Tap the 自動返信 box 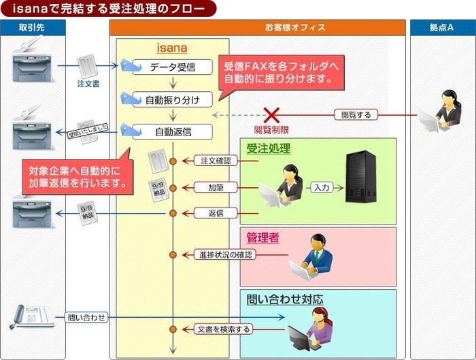coord(172,131)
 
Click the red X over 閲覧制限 coord(272,114)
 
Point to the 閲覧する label coord(356,114)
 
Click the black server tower coord(361,177)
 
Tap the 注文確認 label coord(217,161)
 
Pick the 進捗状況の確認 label coord(226,255)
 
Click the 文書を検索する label coord(223,329)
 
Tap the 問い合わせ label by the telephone coord(86,317)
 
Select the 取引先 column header coord(33,28)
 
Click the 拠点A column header coord(441,28)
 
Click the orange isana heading coord(171,48)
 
